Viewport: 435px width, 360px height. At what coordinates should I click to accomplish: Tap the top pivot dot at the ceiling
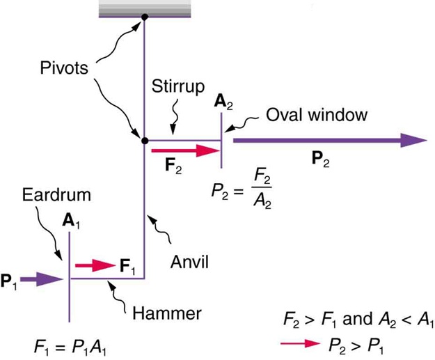tap(144, 17)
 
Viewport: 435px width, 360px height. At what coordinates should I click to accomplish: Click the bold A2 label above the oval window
tap(222, 102)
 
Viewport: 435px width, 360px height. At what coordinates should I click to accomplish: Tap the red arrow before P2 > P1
tap(297, 343)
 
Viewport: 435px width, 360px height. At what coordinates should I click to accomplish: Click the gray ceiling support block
tap(144, 8)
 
